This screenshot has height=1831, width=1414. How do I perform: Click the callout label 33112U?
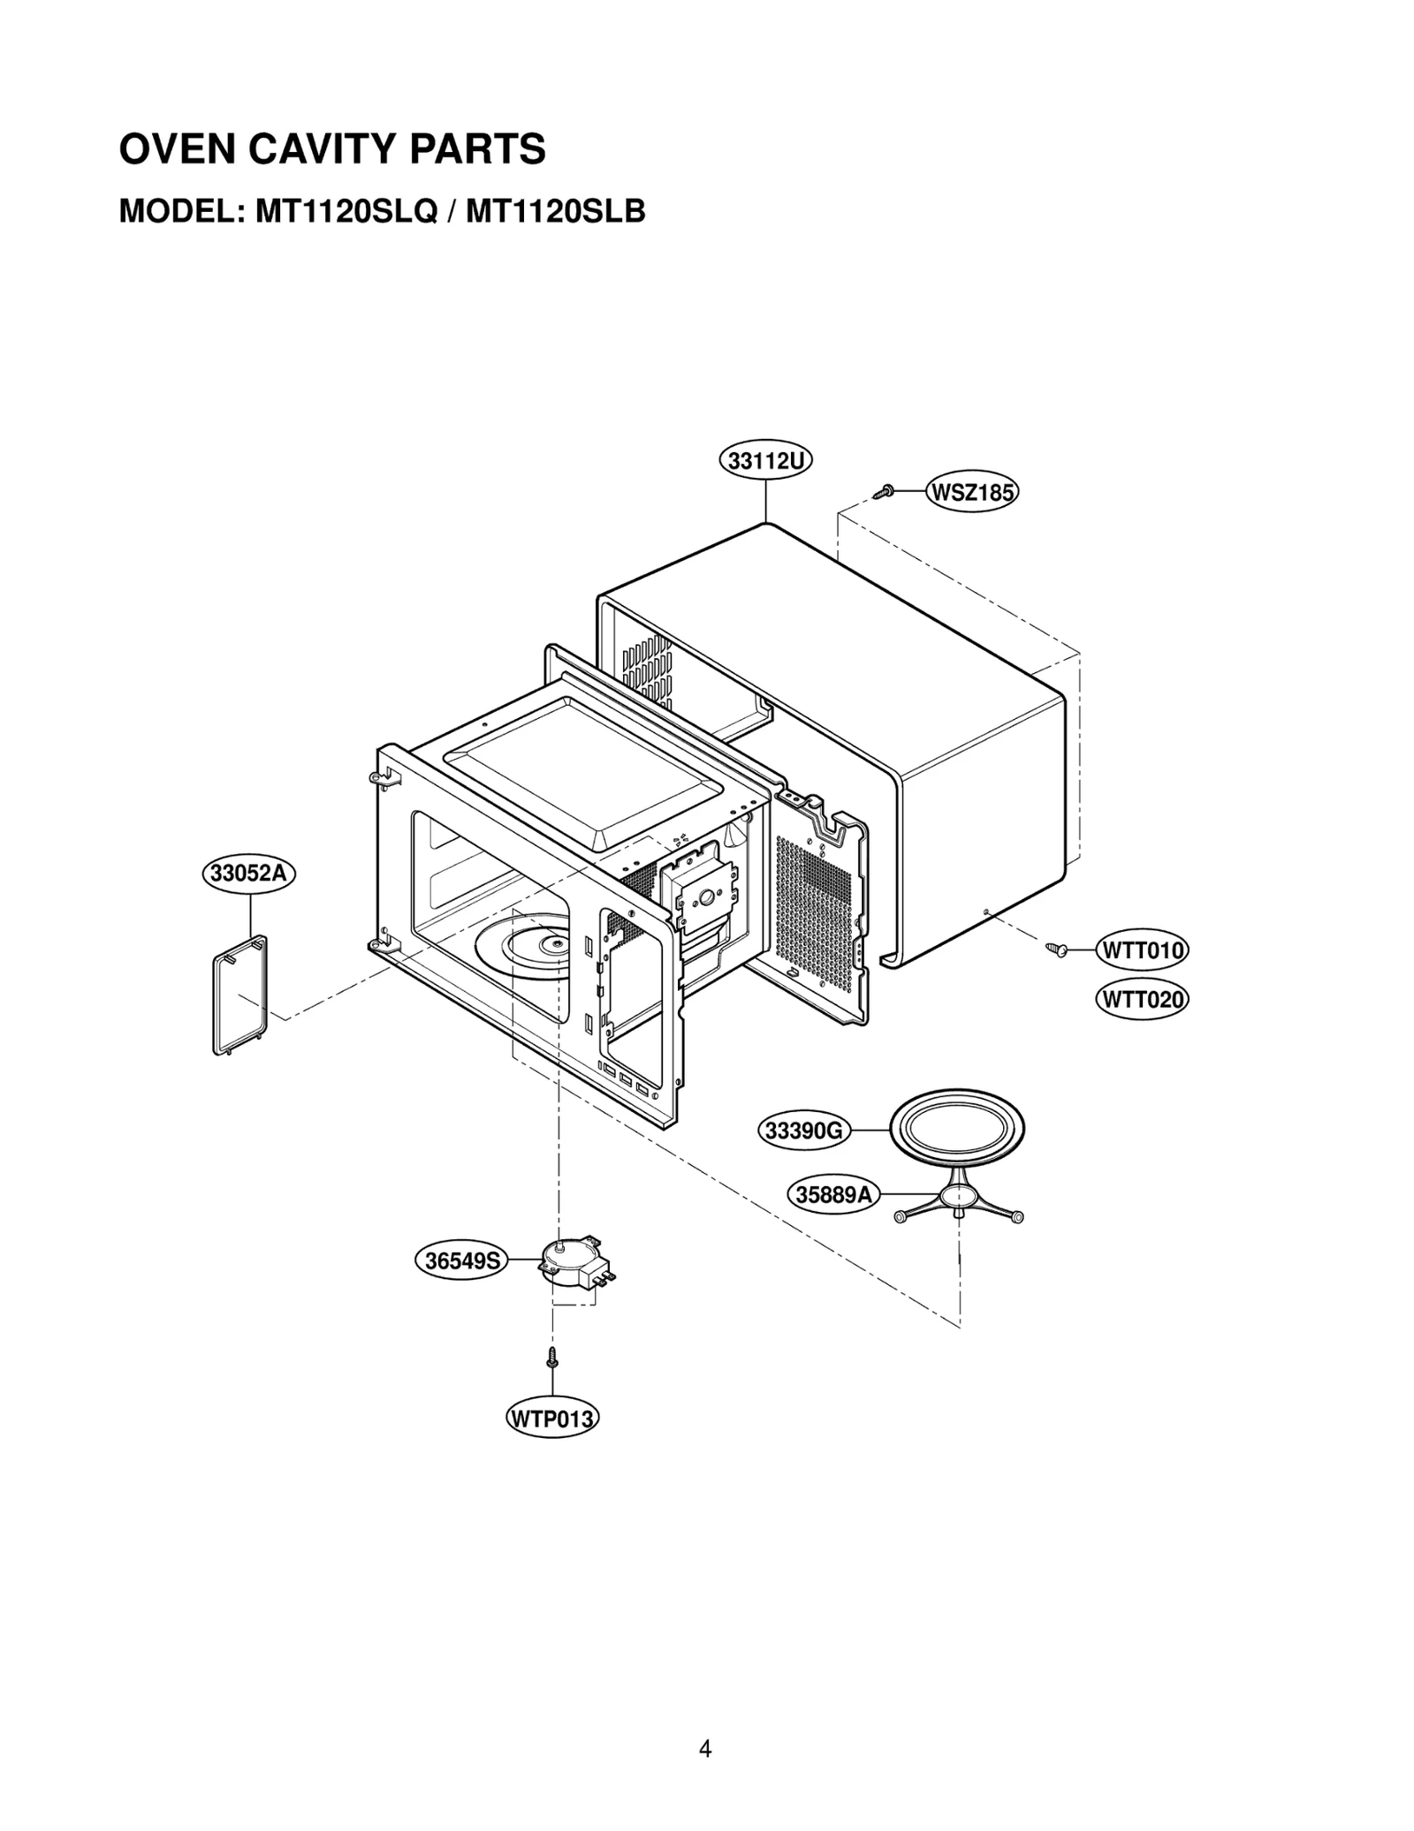pos(764,460)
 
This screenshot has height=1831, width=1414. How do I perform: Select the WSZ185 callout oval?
pos(971,492)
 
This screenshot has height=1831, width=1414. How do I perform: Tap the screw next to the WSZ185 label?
pos(883,491)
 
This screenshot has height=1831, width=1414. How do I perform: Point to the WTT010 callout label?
pos(1142,950)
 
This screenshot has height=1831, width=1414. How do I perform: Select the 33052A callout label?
pos(249,874)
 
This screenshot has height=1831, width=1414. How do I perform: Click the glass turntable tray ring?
pos(957,1129)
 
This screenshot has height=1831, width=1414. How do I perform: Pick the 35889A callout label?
pos(833,1195)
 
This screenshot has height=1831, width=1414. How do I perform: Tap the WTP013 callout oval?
pos(552,1419)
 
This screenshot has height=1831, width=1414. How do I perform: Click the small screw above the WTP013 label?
pos(552,1357)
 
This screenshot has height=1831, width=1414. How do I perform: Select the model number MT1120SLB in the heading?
pos(555,212)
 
